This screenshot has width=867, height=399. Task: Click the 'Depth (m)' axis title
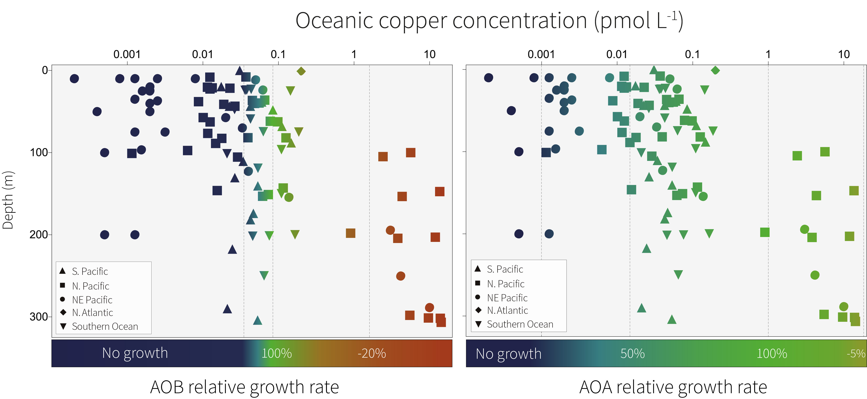(8, 201)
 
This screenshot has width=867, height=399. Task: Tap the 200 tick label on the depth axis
(39, 235)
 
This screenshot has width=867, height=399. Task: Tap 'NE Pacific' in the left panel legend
(92, 300)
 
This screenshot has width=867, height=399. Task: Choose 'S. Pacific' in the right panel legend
(505, 269)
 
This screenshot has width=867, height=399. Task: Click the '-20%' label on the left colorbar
(372, 353)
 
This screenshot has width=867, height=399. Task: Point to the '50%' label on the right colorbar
(632, 353)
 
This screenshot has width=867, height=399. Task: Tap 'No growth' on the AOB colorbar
(135, 353)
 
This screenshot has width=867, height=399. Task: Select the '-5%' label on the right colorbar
(856, 353)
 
